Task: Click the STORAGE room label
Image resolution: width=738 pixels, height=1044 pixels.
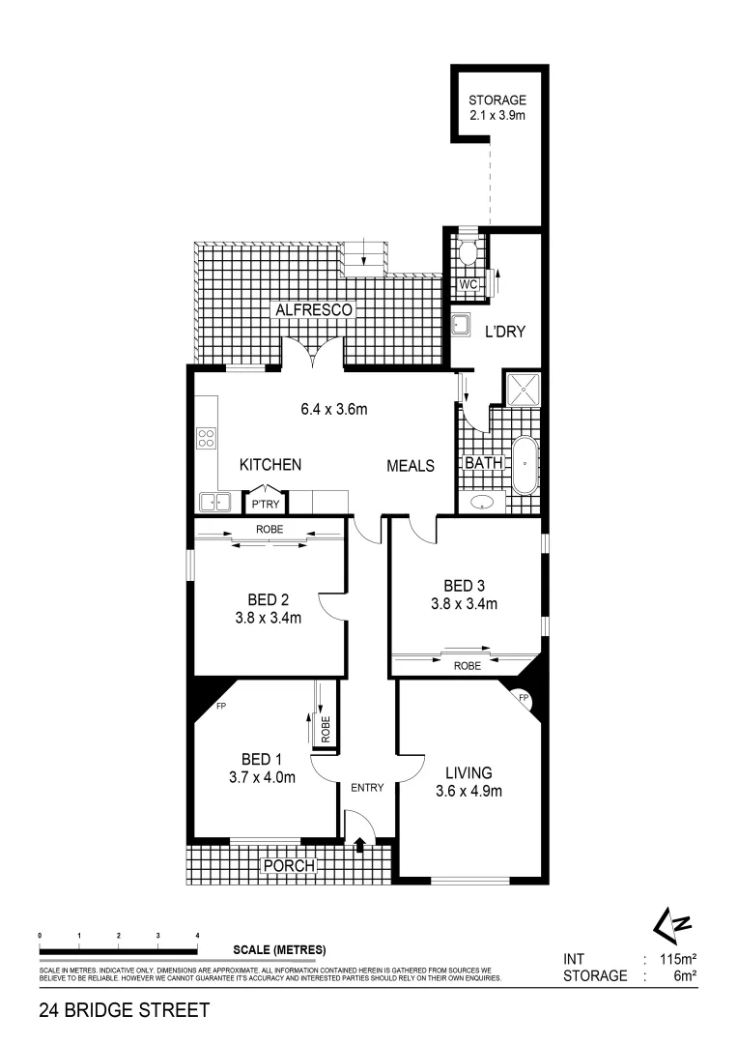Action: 497,100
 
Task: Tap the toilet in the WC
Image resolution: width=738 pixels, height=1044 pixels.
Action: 468,253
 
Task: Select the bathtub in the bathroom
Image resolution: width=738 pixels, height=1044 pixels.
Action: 525,465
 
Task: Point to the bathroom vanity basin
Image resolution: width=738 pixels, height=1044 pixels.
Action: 481,502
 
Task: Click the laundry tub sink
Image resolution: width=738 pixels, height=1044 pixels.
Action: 463,324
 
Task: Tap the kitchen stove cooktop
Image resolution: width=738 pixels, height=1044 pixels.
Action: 207,440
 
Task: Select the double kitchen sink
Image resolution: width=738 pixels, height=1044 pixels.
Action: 213,502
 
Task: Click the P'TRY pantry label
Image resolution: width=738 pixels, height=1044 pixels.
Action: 264,505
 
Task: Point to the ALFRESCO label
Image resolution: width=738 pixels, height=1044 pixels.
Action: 315,309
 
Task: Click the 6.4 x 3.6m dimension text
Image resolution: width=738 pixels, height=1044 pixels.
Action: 334,409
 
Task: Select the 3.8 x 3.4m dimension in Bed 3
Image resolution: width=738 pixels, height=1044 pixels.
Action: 464,605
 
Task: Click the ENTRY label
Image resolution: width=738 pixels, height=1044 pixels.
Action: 367,787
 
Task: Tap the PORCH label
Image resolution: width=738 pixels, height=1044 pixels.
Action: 290,866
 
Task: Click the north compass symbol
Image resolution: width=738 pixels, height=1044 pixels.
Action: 673,926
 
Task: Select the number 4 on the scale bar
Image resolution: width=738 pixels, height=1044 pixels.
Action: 197,936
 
